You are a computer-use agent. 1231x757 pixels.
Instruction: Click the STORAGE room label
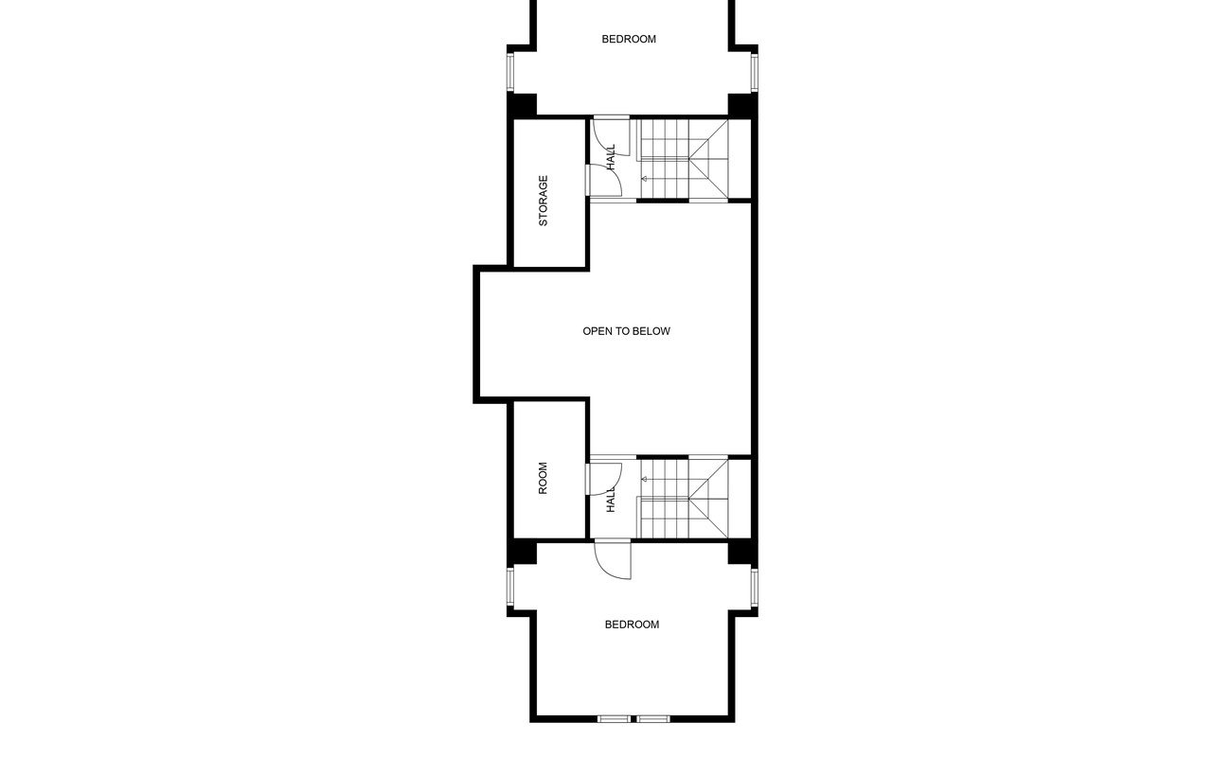tap(544, 201)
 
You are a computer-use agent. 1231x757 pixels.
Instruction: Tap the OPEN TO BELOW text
tap(626, 331)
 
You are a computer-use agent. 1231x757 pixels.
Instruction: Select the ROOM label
tap(544, 478)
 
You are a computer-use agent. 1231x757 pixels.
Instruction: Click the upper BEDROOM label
tap(629, 40)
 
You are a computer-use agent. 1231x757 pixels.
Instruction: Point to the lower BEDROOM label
tap(632, 625)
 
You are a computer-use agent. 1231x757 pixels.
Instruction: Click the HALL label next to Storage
tap(612, 156)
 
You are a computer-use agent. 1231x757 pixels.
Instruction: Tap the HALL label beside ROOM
tap(612, 501)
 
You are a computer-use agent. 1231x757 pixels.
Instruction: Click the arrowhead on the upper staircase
tap(645, 178)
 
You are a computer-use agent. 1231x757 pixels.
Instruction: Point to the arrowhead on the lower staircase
tap(645, 479)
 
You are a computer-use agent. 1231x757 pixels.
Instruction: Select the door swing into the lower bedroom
tap(614, 561)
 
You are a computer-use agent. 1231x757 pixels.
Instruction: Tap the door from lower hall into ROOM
tap(604, 477)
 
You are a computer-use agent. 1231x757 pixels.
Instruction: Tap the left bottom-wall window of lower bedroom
tap(614, 718)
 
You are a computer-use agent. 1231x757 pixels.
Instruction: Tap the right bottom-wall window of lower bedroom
tap(653, 718)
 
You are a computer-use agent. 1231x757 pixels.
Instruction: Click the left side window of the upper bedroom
tap(510, 72)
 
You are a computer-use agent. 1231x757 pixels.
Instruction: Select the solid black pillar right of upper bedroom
tap(740, 104)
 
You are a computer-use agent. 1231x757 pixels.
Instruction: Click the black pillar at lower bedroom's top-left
tap(522, 553)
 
